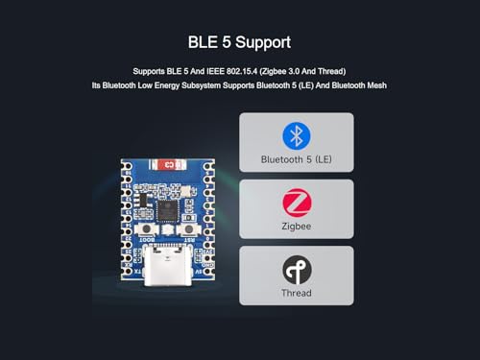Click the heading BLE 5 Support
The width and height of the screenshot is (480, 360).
[240, 43]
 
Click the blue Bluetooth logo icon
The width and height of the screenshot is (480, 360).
[296, 134]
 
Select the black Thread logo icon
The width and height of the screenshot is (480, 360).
[296, 270]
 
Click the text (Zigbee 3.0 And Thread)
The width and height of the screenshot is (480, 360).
[300, 71]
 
